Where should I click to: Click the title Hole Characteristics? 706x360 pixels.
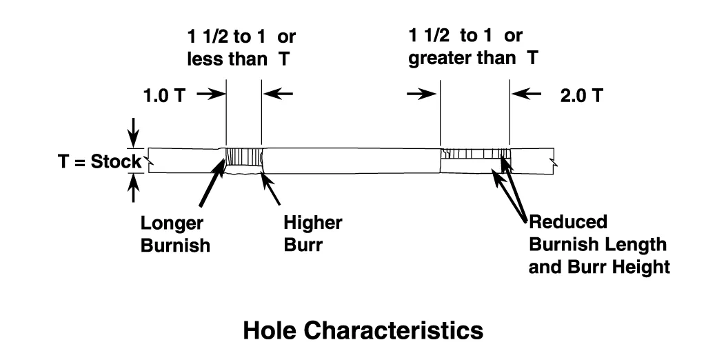pyautogui.click(x=363, y=330)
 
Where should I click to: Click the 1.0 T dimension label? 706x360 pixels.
pyautogui.click(x=164, y=95)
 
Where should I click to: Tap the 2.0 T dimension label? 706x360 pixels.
pyautogui.click(x=581, y=95)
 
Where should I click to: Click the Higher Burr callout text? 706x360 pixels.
pyautogui.click(x=313, y=233)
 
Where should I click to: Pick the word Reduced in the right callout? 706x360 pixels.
pyautogui.click(x=567, y=223)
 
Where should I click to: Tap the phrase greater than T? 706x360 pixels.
pyautogui.click(x=473, y=59)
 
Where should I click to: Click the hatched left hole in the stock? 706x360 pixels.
pyautogui.click(x=243, y=160)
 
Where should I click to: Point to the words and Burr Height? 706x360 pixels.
pyautogui.click(x=598, y=266)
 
